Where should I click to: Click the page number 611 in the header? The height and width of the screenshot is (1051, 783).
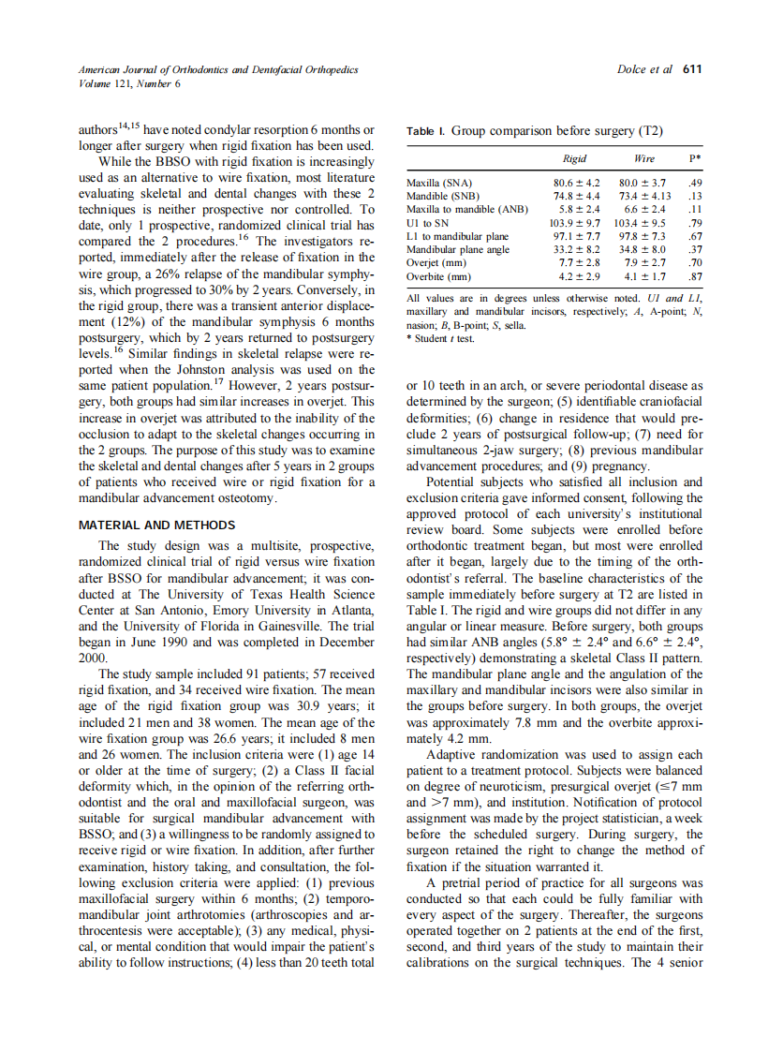coord(692,69)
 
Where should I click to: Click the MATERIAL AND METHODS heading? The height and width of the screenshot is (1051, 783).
coord(156,525)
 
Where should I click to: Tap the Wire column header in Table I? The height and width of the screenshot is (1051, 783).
coord(643,159)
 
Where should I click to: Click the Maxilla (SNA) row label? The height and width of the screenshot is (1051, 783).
coord(439,183)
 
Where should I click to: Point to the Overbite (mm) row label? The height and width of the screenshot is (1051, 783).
coord(438,277)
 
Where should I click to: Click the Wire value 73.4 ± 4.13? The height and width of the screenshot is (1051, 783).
coord(644,196)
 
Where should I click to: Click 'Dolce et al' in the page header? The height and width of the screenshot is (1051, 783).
coord(645,69)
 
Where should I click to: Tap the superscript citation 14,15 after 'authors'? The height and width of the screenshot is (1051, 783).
coord(131,125)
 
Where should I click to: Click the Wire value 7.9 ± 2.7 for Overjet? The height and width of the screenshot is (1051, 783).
coord(644,264)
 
